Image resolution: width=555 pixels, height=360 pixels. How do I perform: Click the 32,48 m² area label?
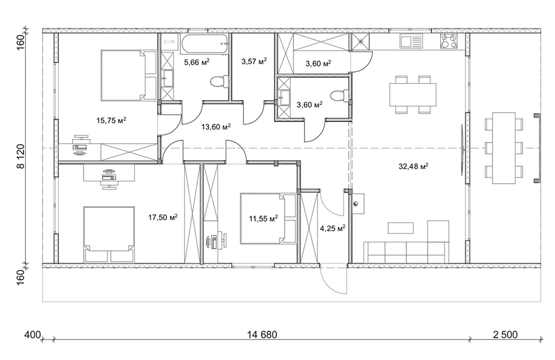[x=414, y=166]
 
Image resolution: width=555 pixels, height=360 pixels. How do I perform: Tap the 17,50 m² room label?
[x=163, y=217]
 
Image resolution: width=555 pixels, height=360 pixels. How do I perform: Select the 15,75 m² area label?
[x=111, y=120]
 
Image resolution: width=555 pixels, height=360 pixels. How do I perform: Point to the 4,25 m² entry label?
[x=333, y=228]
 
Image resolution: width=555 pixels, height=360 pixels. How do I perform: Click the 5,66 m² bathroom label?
[x=197, y=62]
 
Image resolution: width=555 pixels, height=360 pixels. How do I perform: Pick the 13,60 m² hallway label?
[x=216, y=126]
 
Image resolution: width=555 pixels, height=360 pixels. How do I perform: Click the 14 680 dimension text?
[x=262, y=335]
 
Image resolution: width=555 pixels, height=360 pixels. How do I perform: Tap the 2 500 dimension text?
[x=505, y=335]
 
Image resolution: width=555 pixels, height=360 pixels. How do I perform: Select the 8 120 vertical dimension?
[x=21, y=156]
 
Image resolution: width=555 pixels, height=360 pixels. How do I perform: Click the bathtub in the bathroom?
[x=204, y=44]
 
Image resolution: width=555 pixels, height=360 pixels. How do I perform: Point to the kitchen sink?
[x=411, y=41]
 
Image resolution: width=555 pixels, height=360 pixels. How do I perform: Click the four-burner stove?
[x=448, y=41]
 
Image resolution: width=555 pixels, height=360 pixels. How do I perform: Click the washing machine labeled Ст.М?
[x=169, y=42]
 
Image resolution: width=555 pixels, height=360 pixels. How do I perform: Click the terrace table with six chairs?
[x=504, y=148]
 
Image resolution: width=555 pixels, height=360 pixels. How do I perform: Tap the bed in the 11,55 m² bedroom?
[x=268, y=218]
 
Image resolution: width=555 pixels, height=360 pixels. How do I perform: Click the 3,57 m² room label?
[x=254, y=61]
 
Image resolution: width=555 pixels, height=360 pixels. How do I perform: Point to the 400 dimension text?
[x=33, y=335]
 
